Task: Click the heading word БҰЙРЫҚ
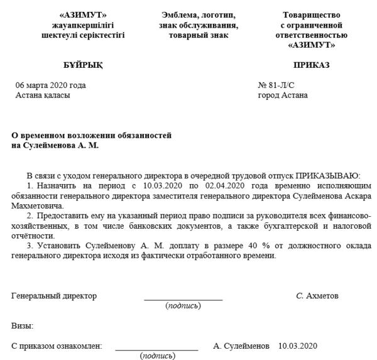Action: [83, 65]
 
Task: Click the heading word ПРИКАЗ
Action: [311, 65]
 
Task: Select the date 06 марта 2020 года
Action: [51, 85]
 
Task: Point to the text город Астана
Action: [283, 95]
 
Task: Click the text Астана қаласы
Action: [43, 95]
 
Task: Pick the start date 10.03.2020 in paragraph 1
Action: [163, 186]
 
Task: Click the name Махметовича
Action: [38, 206]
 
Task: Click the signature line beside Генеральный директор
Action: [183, 299]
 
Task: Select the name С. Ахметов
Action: [317, 296]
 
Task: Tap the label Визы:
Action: [23, 326]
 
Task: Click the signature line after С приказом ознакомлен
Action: [156, 349]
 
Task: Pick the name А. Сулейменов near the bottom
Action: [241, 346]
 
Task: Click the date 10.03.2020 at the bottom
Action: [298, 346]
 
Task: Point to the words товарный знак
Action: [199, 36]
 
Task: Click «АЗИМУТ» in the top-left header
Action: [82, 15]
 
